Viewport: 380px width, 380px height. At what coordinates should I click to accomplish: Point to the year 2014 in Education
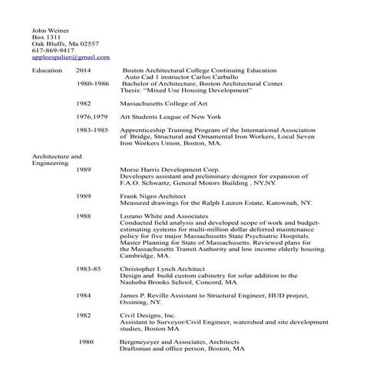pos(84,70)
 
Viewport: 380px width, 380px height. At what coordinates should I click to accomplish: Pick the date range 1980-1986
pos(94,83)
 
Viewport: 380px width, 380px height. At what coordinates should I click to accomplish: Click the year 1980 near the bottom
pos(86,342)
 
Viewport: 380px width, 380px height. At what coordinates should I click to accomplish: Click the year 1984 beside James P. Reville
pos(84,295)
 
